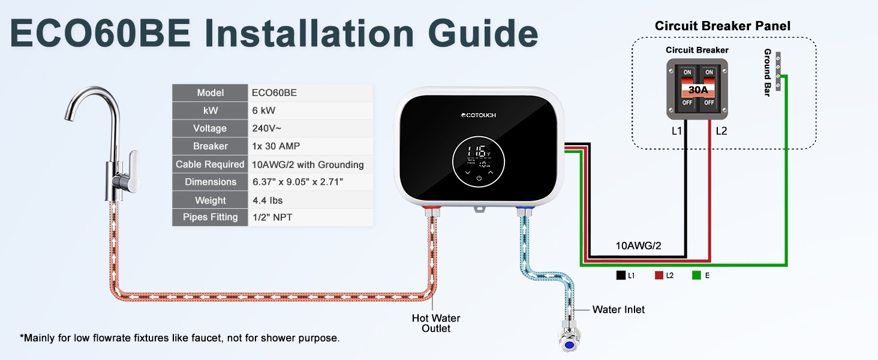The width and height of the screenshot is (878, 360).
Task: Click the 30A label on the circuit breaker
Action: [x=697, y=91]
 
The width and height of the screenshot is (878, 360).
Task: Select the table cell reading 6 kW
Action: [x=264, y=110]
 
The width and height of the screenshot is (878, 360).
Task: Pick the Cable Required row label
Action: [x=210, y=164]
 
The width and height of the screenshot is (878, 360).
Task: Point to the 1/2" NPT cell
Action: [x=272, y=217]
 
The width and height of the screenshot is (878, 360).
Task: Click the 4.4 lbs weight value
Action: [x=267, y=200]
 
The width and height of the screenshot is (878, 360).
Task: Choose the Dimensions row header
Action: [x=211, y=182]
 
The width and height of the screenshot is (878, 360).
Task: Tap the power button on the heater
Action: [x=479, y=178]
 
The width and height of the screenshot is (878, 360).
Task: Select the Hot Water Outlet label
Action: [x=436, y=323]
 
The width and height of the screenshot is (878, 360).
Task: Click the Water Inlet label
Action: [x=618, y=310]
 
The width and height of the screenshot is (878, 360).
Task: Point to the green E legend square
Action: [x=696, y=275]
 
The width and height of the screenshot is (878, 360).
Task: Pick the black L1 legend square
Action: [x=620, y=275]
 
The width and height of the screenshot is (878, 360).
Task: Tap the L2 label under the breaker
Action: [x=721, y=131]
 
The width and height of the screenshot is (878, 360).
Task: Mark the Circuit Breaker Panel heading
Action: [x=722, y=26]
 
